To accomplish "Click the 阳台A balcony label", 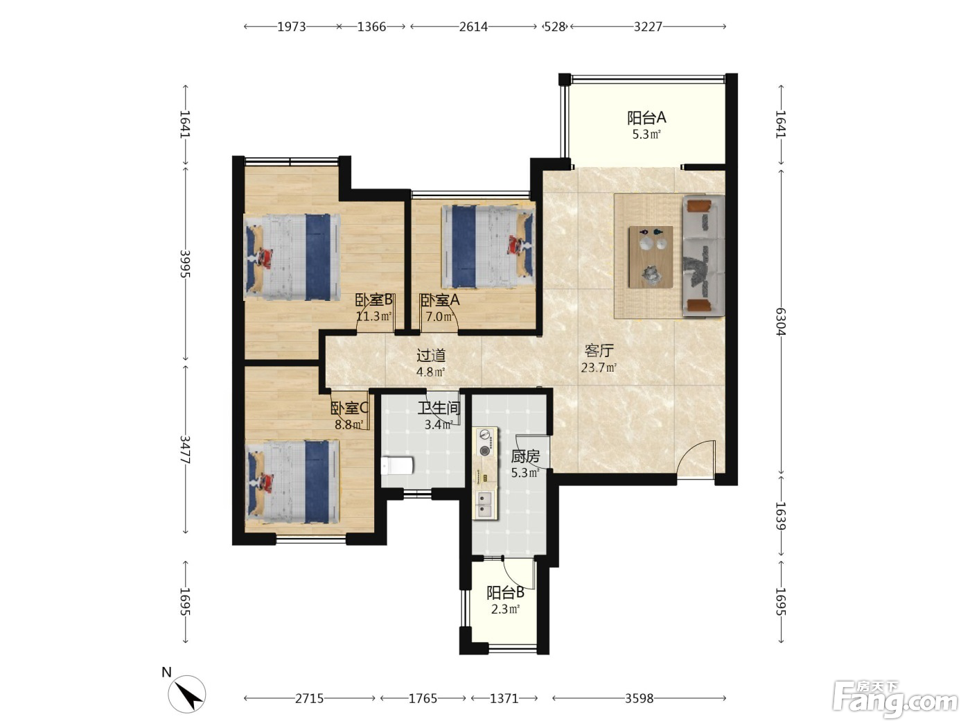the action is pyautogui.click(x=646, y=118).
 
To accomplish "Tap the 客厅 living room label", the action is pyautogui.click(x=599, y=351).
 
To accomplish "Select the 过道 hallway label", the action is pyautogui.click(x=431, y=356).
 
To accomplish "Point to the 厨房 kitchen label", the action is pyautogui.click(x=525, y=456).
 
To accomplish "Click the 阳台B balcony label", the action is pyautogui.click(x=506, y=593).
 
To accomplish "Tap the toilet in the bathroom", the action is pyautogui.click(x=397, y=465).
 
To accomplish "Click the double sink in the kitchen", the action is pyautogui.click(x=485, y=505).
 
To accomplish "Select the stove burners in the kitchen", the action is pyautogui.click(x=485, y=443).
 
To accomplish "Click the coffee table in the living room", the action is pyautogui.click(x=651, y=257).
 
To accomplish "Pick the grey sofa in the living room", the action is pyautogui.click(x=703, y=256).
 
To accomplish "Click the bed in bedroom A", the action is pyautogui.click(x=488, y=246).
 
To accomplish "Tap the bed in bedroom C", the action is pyautogui.click(x=292, y=482).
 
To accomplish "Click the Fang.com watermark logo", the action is pyautogui.click(x=895, y=700).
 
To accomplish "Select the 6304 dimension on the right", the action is pyautogui.click(x=781, y=322).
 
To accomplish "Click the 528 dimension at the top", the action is pyautogui.click(x=554, y=27).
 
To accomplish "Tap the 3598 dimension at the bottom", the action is pyautogui.click(x=639, y=698).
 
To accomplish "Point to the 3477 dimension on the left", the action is pyautogui.click(x=185, y=449).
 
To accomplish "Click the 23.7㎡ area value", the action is pyautogui.click(x=599, y=367).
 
